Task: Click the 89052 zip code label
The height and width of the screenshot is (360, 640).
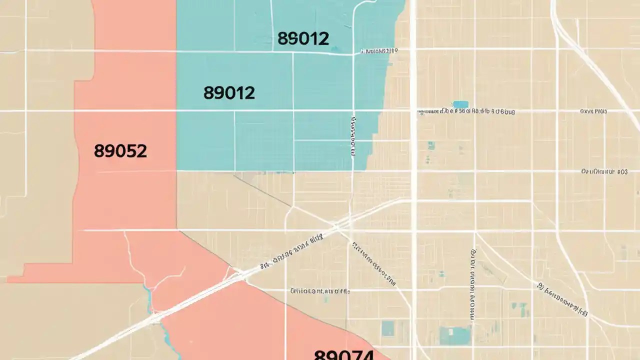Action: [x=120, y=151]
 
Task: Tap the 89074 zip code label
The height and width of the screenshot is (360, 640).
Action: [x=343, y=355]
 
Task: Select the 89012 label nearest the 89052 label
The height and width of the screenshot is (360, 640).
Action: [x=229, y=92]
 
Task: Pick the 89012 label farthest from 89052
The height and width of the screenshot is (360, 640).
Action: [x=302, y=38]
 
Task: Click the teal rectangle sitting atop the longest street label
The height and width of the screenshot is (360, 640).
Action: [x=460, y=104]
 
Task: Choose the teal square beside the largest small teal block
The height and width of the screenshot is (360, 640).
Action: [x=387, y=328]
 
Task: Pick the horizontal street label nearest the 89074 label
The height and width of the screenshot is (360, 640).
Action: [x=320, y=290]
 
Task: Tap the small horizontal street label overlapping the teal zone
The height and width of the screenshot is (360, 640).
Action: [x=378, y=51]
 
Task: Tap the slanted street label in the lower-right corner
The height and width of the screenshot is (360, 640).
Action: [x=563, y=300]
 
